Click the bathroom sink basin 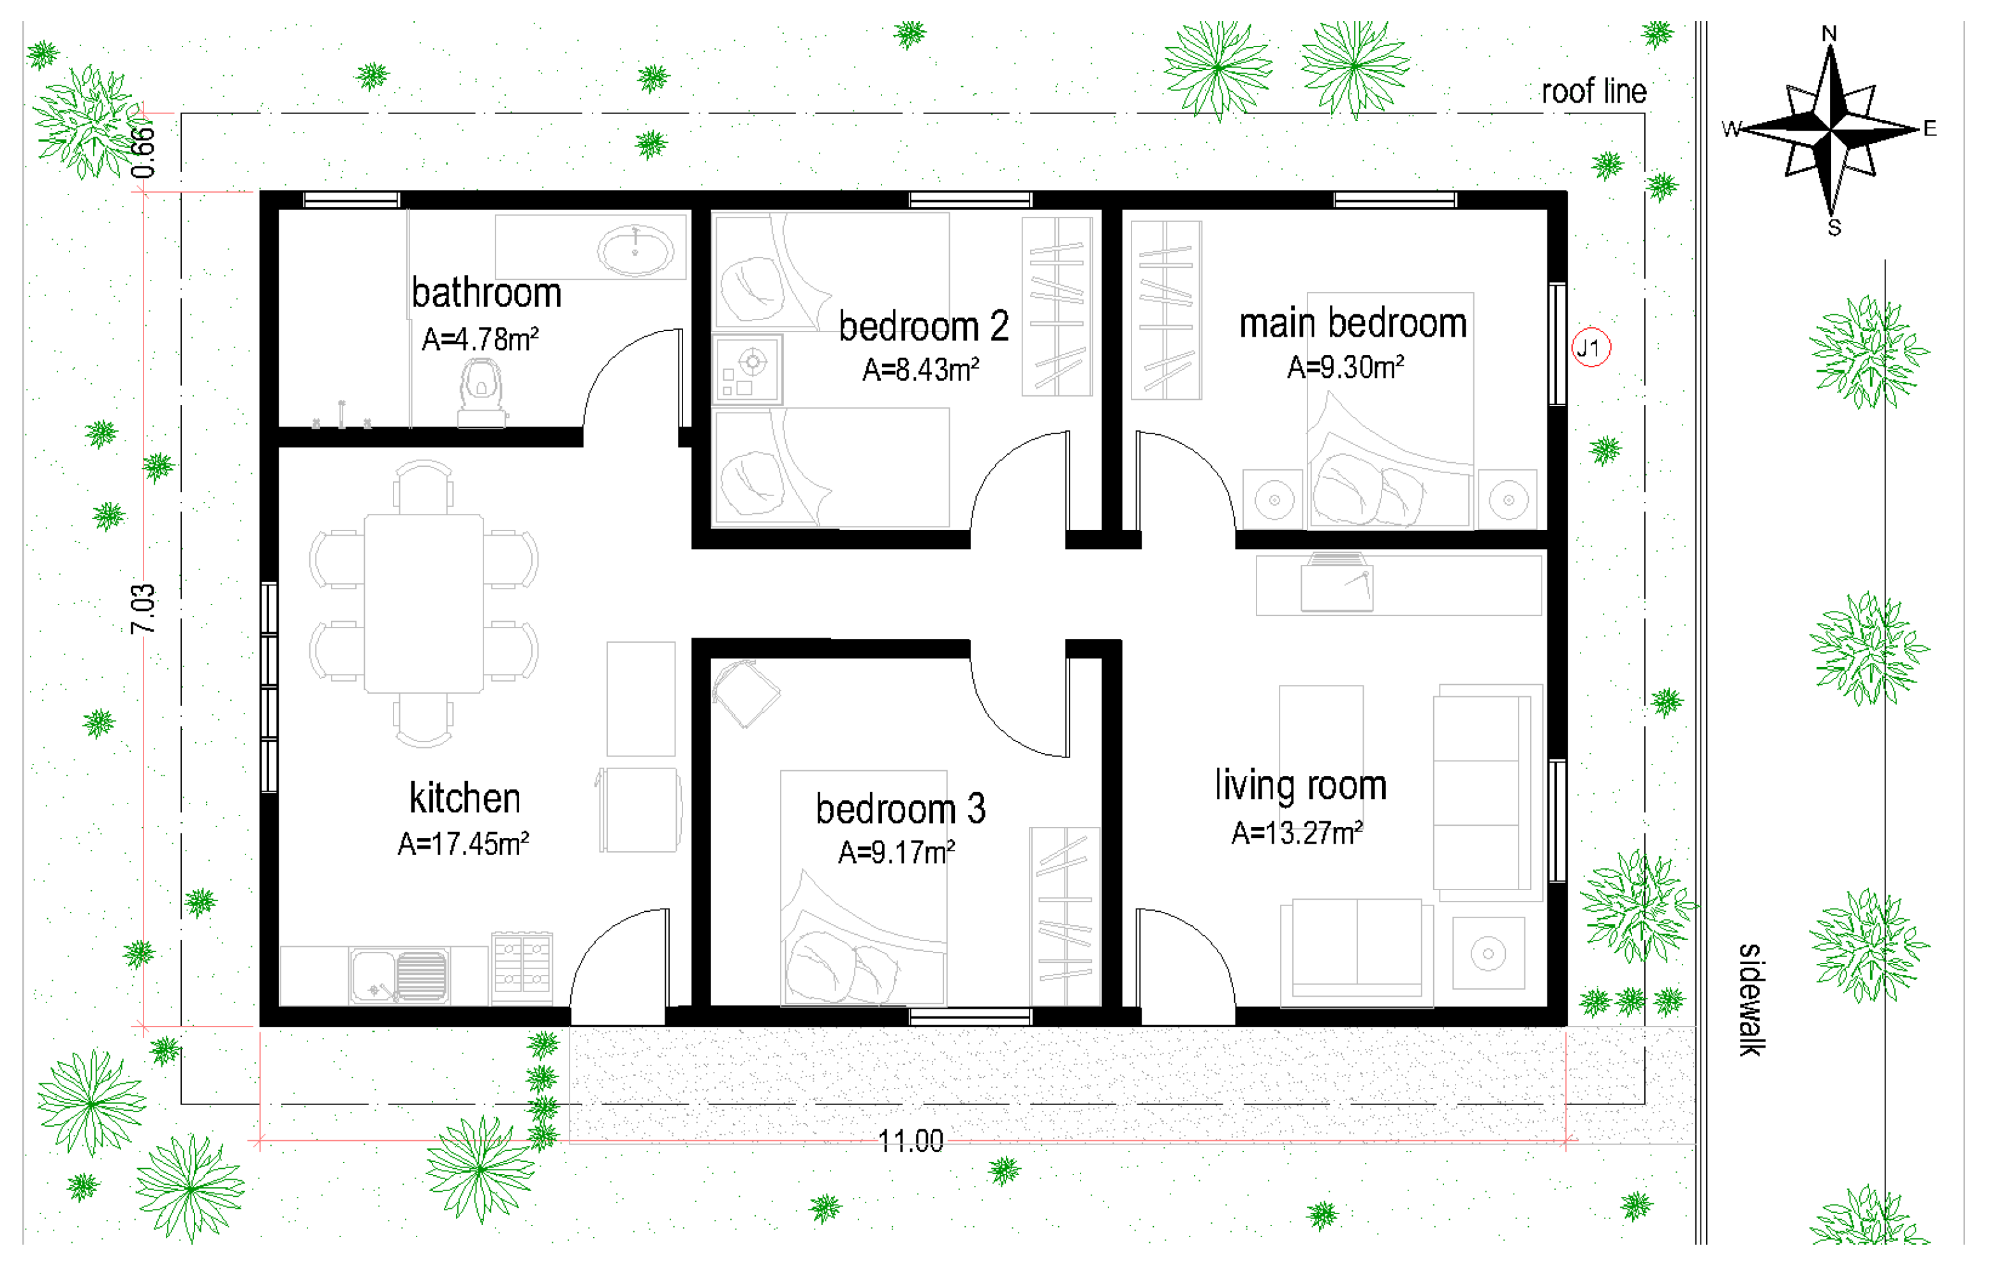[635, 249]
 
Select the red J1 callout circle [1591, 348]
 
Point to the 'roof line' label [1594, 91]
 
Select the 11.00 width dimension [911, 1141]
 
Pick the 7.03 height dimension [142, 609]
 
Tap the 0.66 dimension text [142, 152]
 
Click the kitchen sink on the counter [399, 976]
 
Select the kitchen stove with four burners [522, 967]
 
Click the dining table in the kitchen [424, 604]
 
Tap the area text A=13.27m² [1297, 833]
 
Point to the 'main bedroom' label [1353, 322]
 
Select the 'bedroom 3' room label [900, 809]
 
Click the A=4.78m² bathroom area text [480, 339]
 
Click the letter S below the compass [1834, 228]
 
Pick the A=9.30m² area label [1345, 367]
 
